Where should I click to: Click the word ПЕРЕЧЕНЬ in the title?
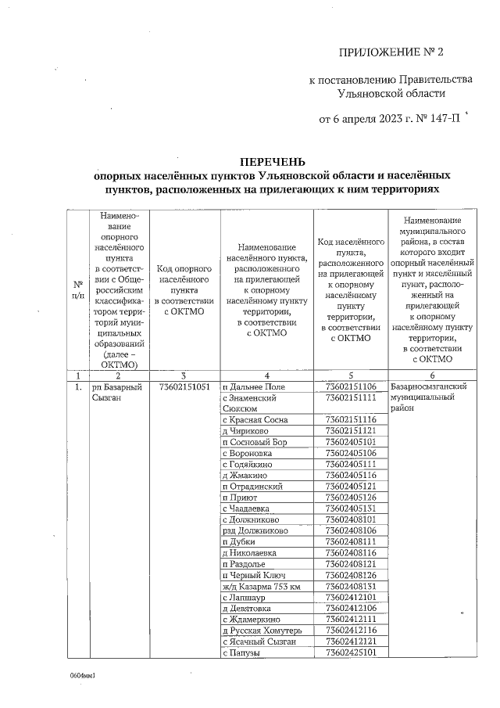[x=268, y=162]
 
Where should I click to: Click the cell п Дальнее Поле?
[x=254, y=387]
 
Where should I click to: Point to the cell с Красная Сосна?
[x=255, y=420]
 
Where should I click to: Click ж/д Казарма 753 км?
[x=261, y=585]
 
